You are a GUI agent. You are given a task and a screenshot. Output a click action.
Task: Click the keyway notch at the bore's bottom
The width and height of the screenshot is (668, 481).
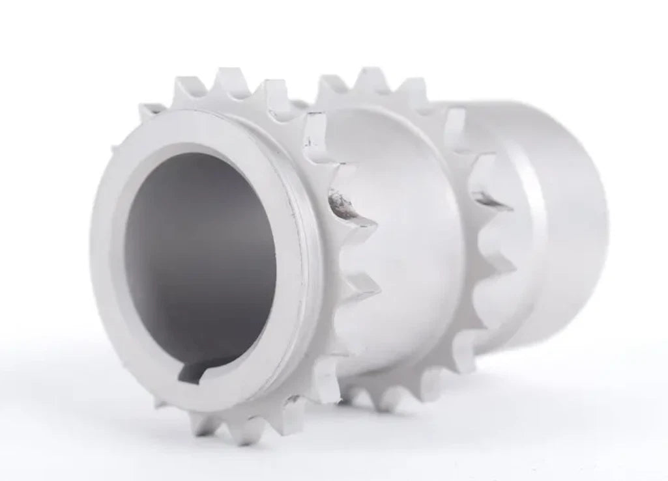[x=196, y=372]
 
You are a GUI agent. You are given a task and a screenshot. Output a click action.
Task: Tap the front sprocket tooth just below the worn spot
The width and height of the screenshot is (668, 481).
[x=362, y=286]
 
